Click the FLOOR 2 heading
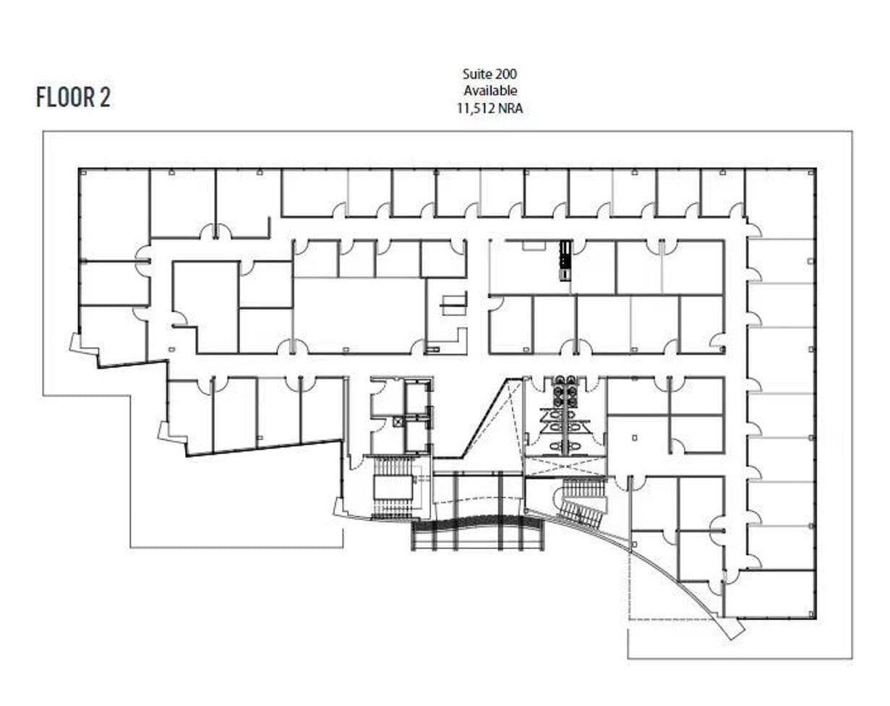(x=73, y=97)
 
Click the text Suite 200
(x=489, y=73)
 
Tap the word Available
(x=489, y=90)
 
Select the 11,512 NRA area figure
(x=489, y=109)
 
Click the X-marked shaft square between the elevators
(x=398, y=420)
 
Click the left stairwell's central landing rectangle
(x=393, y=487)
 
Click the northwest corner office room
(x=114, y=213)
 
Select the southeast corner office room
(x=769, y=593)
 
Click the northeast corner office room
(x=779, y=203)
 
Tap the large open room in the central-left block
(x=359, y=315)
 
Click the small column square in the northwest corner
(x=82, y=172)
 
